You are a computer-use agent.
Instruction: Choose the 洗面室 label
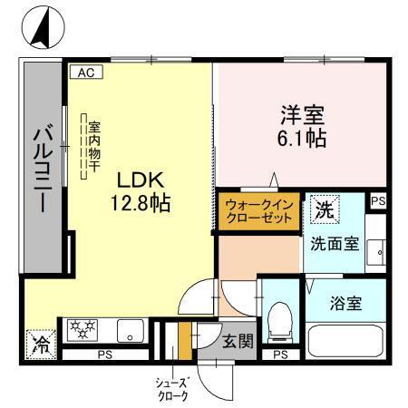pos(334,244)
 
